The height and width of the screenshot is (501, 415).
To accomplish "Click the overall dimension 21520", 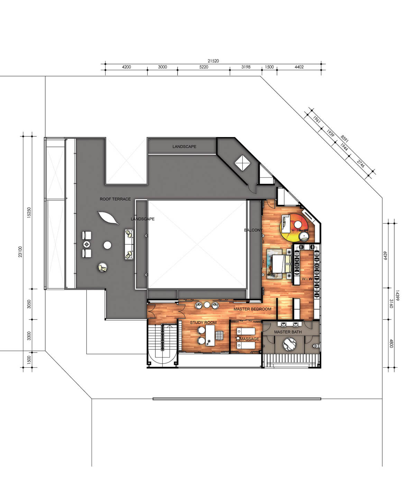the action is pyautogui.click(x=213, y=61).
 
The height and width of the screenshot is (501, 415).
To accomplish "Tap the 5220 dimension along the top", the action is pyautogui.click(x=204, y=67).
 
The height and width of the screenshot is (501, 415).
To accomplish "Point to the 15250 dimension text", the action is pyautogui.click(x=29, y=212).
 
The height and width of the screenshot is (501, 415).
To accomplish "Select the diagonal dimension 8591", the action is pyautogui.click(x=344, y=139).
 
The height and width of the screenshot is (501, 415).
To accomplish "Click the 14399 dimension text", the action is pyautogui.click(x=397, y=295).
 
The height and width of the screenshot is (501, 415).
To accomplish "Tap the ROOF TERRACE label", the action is pyautogui.click(x=115, y=199).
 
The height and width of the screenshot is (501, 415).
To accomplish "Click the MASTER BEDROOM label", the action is pyautogui.click(x=252, y=309).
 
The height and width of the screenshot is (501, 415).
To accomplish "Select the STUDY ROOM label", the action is pyautogui.click(x=203, y=322).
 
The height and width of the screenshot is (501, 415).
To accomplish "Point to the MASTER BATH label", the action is pyautogui.click(x=288, y=332).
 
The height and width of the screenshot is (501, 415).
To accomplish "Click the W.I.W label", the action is pyautogui.click(x=307, y=279).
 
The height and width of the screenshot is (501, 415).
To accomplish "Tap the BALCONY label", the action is pyautogui.click(x=253, y=230).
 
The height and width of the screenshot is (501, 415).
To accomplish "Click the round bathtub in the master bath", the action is pyautogui.click(x=290, y=344).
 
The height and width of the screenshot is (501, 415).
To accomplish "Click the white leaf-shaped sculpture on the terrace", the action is pyautogui.click(x=108, y=218).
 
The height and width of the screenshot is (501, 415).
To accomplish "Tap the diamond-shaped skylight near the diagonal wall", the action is pyautogui.click(x=242, y=163).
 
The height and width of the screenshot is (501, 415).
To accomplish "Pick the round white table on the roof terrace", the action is pyautogui.click(x=108, y=245).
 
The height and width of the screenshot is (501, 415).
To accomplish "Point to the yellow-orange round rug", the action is pyautogui.click(x=295, y=227).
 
